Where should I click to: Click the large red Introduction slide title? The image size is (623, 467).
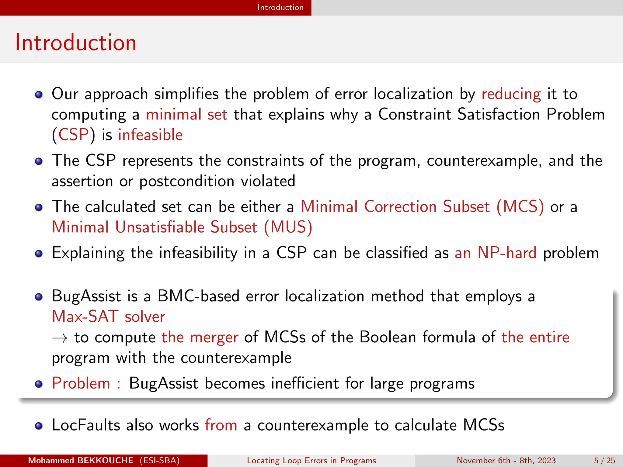pyautogui.click(x=76, y=43)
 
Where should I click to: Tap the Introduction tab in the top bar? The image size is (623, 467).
pyautogui.click(x=280, y=7)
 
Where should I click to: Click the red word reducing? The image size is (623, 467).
pyautogui.click(x=511, y=94)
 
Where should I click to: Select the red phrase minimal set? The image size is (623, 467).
pyautogui.click(x=186, y=115)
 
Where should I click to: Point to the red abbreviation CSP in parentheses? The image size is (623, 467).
pyautogui.click(x=73, y=135)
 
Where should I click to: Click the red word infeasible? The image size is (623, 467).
pyautogui.click(x=150, y=135)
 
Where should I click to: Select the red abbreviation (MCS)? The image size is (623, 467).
pyautogui.click(x=520, y=207)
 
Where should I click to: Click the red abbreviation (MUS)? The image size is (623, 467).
pyautogui.click(x=288, y=227)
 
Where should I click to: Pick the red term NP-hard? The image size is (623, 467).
pyautogui.click(x=507, y=253)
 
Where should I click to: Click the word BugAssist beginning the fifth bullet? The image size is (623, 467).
pyautogui.click(x=86, y=296)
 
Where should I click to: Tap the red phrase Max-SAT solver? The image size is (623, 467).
pyautogui.click(x=109, y=317)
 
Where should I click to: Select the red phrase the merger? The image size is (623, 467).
pyautogui.click(x=200, y=337)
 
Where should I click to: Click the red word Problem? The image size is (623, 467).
pyautogui.click(x=81, y=383)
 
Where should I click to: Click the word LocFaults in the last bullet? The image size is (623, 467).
pyautogui.click(x=86, y=425)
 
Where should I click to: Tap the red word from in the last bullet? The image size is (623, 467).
pyautogui.click(x=221, y=425)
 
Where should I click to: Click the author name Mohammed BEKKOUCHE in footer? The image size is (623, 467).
pyautogui.click(x=81, y=461)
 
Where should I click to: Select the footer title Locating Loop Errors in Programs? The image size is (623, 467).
pyautogui.click(x=311, y=461)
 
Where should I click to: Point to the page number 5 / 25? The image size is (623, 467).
pyautogui.click(x=604, y=461)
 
